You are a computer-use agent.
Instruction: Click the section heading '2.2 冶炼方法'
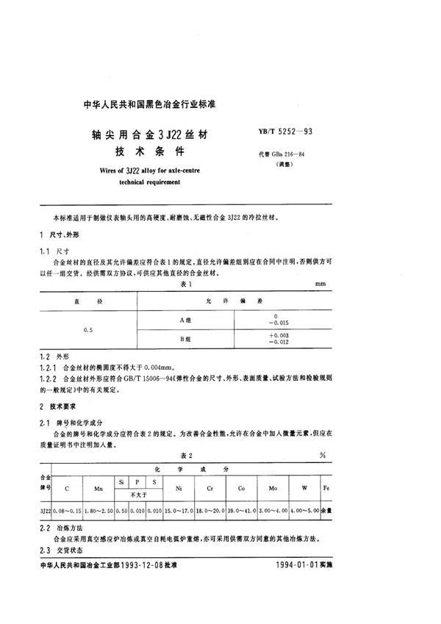point(61,528)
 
